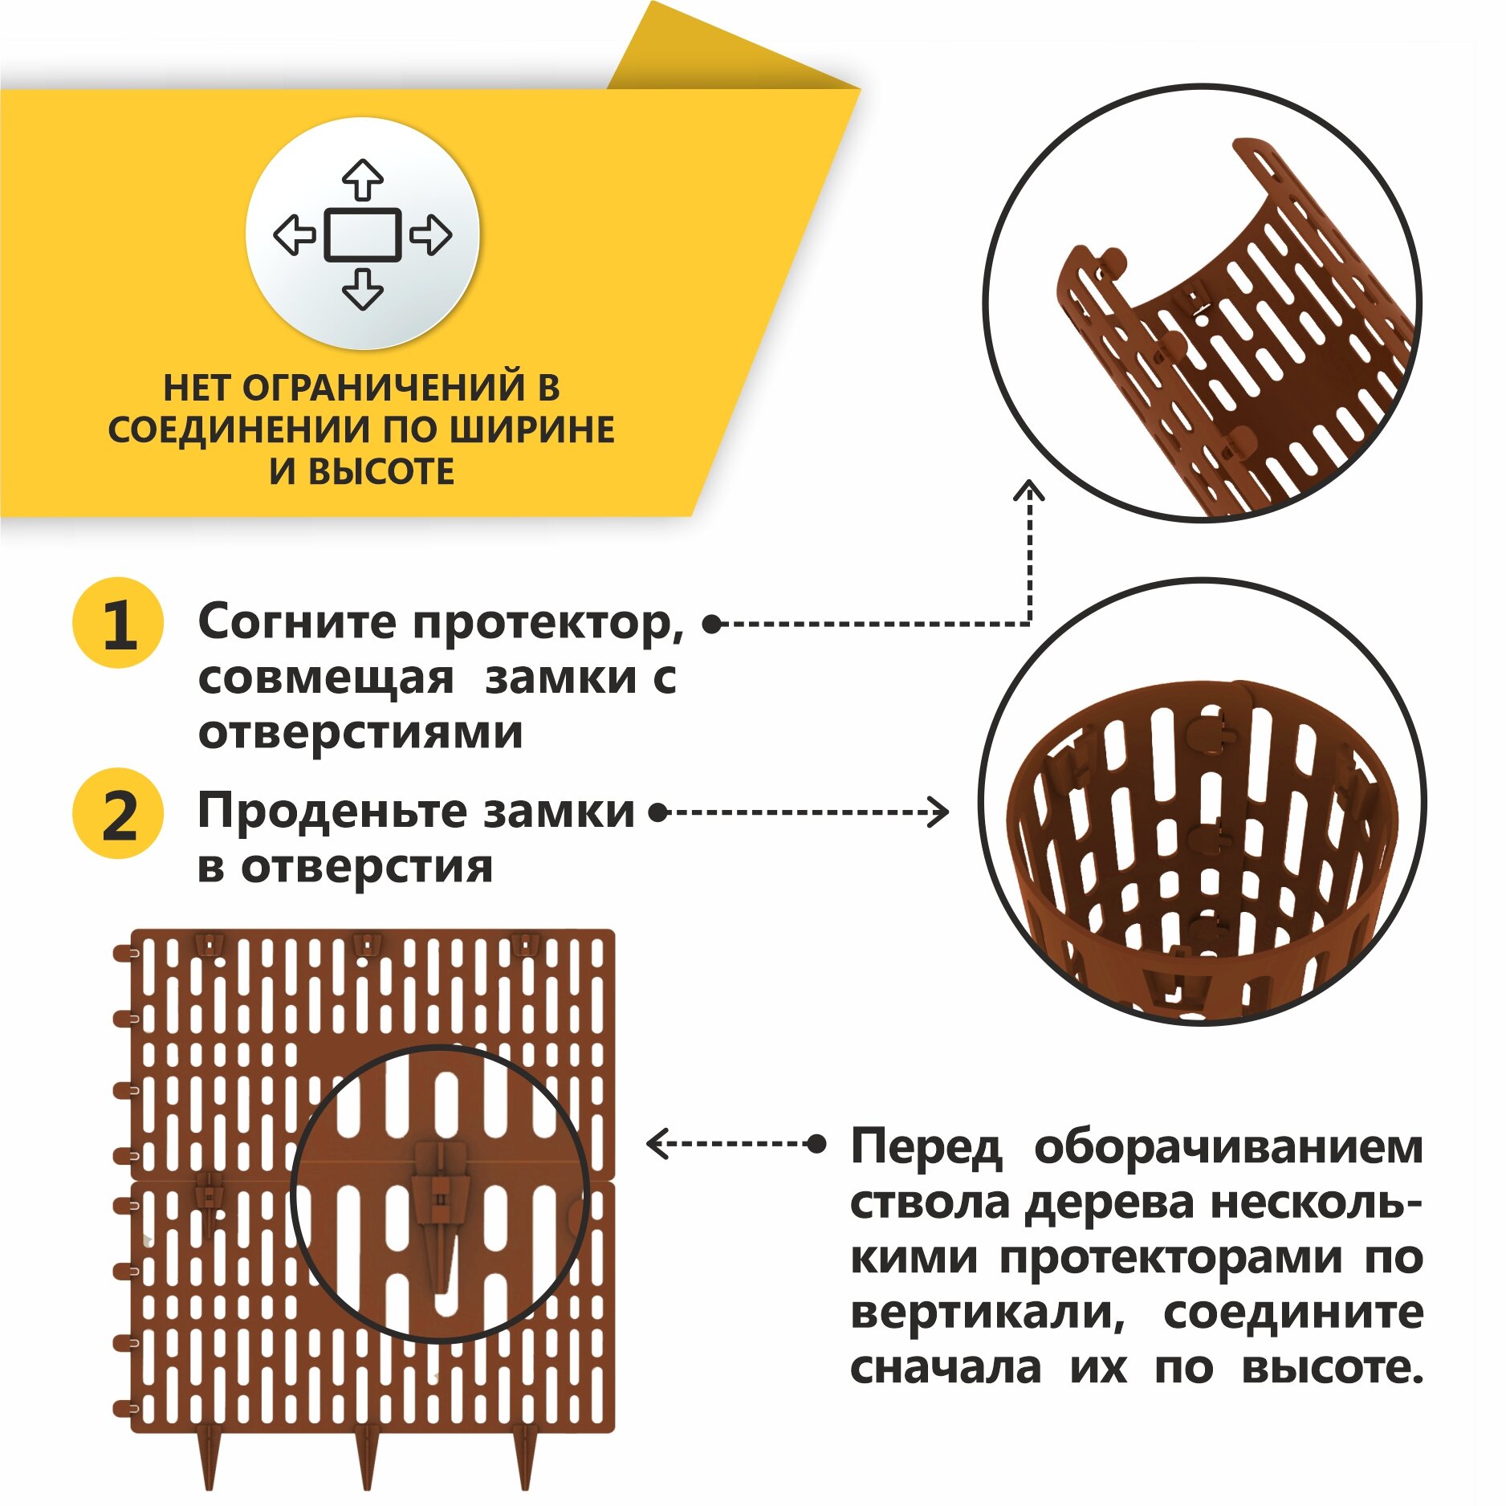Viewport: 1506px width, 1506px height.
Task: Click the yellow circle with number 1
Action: coord(118,624)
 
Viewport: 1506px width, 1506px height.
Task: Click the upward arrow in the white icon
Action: coord(363,180)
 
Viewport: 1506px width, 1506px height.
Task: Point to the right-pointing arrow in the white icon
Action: coord(431,235)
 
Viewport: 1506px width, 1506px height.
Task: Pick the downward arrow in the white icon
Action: coord(363,290)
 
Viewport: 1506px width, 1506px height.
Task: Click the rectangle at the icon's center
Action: coord(363,235)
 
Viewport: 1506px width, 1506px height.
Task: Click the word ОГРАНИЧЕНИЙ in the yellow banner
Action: coord(381,389)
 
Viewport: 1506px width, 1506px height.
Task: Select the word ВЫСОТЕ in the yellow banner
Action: coord(381,472)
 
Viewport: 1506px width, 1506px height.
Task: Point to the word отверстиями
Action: coord(360,732)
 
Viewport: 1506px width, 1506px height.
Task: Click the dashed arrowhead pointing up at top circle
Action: coord(1029,490)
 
